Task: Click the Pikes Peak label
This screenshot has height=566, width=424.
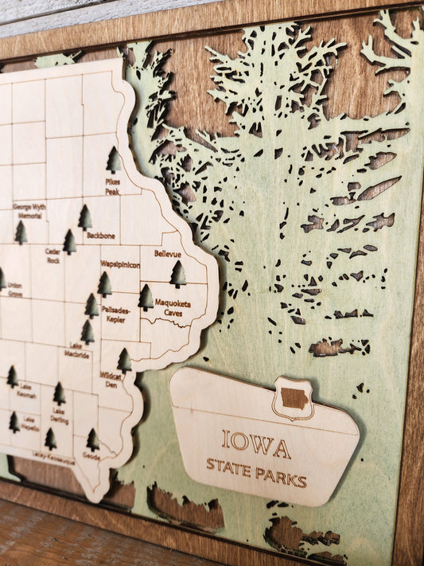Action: pos(112,186)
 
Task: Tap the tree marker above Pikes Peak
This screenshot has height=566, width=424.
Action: pos(114,160)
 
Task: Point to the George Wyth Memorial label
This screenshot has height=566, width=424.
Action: pos(29,211)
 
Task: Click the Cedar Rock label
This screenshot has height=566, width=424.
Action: pos(53,256)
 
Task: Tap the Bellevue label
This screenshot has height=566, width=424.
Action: pos(167,253)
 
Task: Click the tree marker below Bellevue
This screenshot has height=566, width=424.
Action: pos(177,274)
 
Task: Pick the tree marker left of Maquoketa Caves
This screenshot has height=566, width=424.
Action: pos(146,297)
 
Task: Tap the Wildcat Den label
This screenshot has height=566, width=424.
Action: pos(109,381)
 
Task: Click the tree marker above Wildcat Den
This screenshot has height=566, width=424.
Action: pos(124,360)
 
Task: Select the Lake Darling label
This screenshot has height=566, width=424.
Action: pos(58,418)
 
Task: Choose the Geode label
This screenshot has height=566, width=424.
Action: pos(91,457)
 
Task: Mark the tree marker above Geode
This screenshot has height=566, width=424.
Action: pos(93,439)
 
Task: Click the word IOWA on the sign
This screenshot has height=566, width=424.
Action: pos(255,444)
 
